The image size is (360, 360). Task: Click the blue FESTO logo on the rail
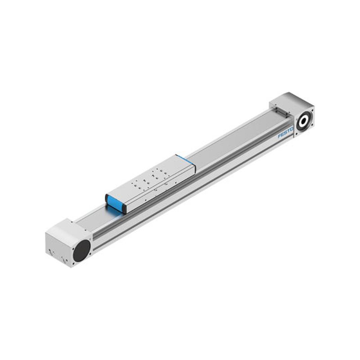[285, 134]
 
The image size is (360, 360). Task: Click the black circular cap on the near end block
[81, 250]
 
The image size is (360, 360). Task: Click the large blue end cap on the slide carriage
[114, 203]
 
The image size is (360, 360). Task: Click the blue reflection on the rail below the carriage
[115, 211]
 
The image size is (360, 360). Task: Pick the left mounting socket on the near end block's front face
[51, 252]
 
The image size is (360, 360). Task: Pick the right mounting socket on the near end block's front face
[65, 261]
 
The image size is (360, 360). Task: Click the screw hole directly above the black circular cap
[89, 239]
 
